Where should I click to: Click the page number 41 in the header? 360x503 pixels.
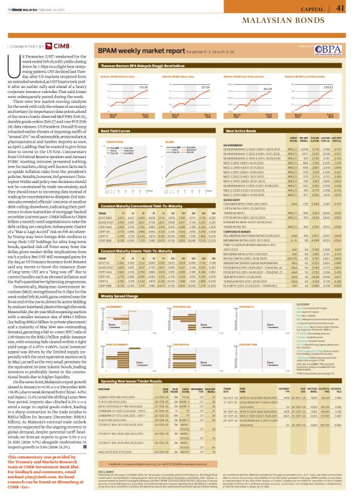(340, 8)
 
